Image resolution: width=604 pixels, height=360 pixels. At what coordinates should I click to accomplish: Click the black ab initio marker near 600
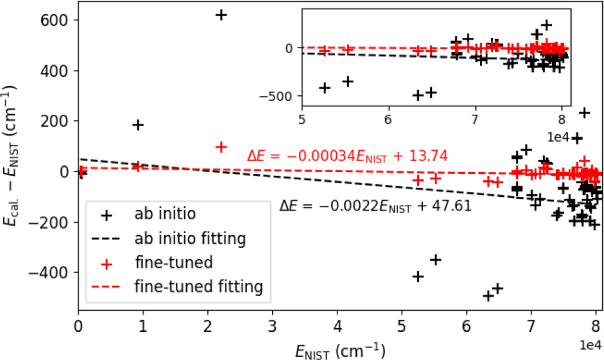click(221, 15)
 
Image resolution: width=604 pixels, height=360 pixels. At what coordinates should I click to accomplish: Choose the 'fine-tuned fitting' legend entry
click(199, 286)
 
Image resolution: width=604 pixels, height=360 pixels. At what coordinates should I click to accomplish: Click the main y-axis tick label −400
click(53, 272)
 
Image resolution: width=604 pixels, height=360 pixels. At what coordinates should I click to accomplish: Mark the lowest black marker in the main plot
click(488, 296)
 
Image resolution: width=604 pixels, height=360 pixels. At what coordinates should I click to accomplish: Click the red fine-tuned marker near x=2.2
click(221, 147)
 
